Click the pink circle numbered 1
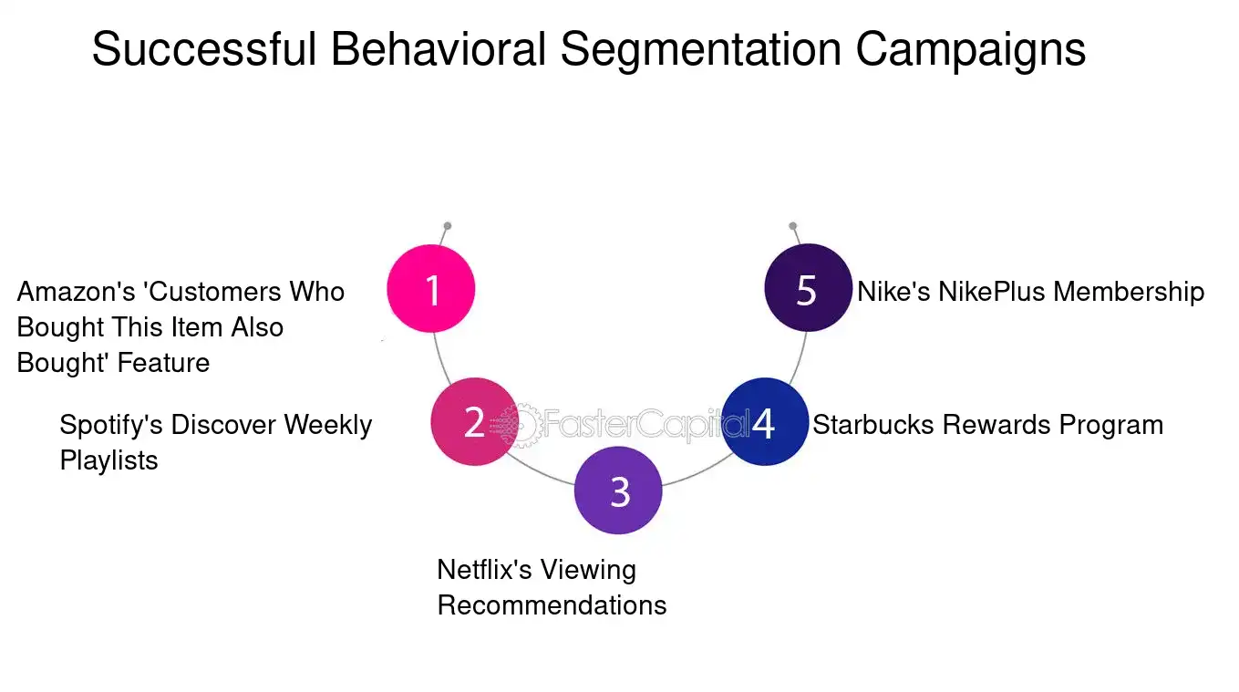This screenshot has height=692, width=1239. pyautogui.click(x=431, y=289)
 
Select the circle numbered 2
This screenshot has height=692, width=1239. pyautogui.click(x=474, y=422)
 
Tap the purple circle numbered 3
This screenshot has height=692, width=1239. pyautogui.click(x=619, y=491)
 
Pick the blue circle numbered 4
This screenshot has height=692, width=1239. pyautogui.click(x=764, y=422)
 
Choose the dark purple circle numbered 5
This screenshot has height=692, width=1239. pyautogui.click(x=807, y=289)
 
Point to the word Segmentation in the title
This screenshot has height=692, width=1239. pyautogui.click(x=699, y=49)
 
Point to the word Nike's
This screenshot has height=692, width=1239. pyautogui.click(x=893, y=292)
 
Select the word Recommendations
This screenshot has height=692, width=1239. pyautogui.click(x=552, y=605)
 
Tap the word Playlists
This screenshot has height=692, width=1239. pyautogui.click(x=108, y=460)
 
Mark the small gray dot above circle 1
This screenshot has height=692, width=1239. pyautogui.click(x=447, y=226)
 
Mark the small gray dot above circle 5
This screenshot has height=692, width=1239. pyautogui.click(x=792, y=226)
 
